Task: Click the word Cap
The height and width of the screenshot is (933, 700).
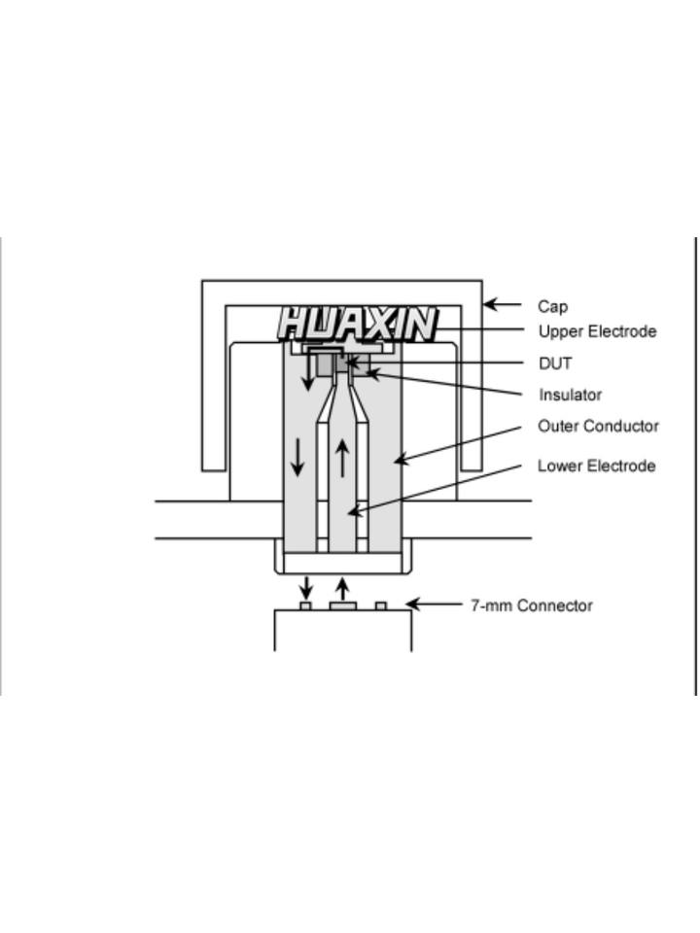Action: click(552, 306)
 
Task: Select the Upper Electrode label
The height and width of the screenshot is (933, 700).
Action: click(597, 331)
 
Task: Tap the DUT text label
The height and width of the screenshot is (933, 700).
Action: click(555, 363)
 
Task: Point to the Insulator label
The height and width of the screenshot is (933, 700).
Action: click(570, 395)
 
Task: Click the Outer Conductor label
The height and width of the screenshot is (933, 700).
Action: click(598, 426)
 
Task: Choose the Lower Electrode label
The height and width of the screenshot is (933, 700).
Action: click(596, 466)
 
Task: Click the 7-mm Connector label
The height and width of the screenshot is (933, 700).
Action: click(531, 605)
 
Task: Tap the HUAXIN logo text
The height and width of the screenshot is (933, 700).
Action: click(357, 324)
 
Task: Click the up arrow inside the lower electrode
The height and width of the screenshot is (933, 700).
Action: click(342, 458)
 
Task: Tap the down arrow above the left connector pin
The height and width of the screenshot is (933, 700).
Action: click(306, 587)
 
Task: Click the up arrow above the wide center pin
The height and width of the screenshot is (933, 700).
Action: click(342, 588)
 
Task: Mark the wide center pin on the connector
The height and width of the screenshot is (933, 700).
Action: click(342, 605)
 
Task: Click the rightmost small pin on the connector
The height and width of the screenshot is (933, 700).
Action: click(381, 605)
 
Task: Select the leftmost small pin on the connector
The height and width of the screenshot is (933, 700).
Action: click(305, 605)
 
